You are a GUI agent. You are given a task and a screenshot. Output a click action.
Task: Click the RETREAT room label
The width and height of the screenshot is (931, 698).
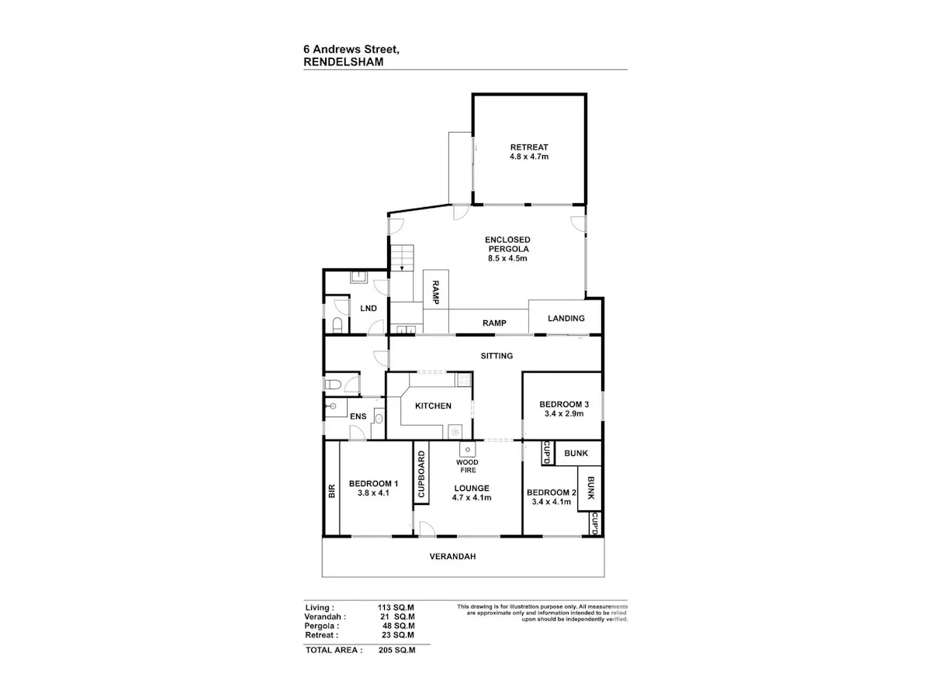coord(529,147)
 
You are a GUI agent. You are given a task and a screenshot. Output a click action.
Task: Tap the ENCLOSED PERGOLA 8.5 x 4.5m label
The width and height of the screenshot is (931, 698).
coord(507,249)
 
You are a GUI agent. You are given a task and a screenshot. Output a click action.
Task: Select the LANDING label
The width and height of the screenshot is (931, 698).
coord(566,318)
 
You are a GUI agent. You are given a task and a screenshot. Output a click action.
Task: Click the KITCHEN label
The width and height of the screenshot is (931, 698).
coord(433,406)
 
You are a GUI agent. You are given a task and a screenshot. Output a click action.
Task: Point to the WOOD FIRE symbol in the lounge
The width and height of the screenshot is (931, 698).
coord(467,450)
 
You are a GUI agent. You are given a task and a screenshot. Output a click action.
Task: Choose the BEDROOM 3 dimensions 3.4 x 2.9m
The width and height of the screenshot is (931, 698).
coord(564,413)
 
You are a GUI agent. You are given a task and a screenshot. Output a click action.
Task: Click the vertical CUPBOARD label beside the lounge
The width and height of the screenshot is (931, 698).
coord(421,474)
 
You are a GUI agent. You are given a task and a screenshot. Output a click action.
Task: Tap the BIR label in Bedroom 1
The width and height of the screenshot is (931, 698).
coord(332,491)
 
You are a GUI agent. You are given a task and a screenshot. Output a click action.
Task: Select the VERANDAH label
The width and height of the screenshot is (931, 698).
coord(452,556)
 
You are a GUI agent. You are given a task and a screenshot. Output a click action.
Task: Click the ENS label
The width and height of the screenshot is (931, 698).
coord(358,416)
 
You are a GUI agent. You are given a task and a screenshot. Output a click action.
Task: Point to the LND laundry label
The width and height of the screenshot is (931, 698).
coord(369,308)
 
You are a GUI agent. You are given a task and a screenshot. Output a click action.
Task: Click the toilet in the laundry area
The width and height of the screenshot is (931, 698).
coord(337,325)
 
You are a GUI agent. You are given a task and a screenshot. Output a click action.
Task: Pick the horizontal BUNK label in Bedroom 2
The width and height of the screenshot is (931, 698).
coord(576,453)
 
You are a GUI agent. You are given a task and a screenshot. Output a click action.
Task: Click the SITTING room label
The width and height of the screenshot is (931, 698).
coord(497,355)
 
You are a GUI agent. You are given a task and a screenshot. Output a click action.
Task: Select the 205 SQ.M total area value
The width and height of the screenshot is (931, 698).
coord(397,650)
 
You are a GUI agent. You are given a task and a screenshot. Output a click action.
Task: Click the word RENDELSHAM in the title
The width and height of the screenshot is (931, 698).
coord(344,62)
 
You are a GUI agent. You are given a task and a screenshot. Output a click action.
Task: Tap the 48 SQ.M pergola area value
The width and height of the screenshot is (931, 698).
coord(398,626)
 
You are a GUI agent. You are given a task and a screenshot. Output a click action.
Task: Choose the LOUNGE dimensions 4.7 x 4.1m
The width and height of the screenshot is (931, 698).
coord(472,498)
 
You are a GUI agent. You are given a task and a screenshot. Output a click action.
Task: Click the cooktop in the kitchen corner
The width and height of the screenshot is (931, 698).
coord(464,379)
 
